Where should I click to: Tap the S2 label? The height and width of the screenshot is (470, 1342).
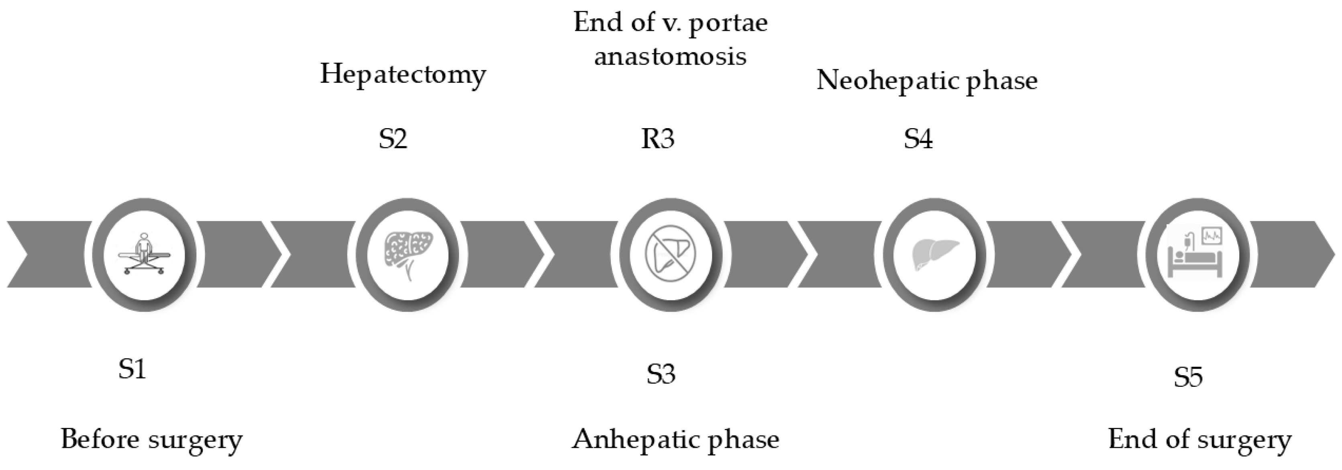pos(393,139)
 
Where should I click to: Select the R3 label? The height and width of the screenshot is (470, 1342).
pos(657,139)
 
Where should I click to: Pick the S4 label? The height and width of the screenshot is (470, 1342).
pos(918,139)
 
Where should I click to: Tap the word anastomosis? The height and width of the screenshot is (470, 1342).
pos(671,56)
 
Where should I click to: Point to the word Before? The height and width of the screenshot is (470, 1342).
pos(100,439)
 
